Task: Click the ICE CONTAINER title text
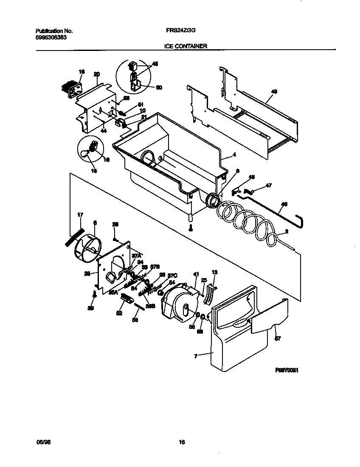186,46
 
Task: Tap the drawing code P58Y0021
287,370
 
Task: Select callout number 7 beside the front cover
196,357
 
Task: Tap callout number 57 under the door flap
278,339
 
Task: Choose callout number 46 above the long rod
284,204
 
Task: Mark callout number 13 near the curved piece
214,272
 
